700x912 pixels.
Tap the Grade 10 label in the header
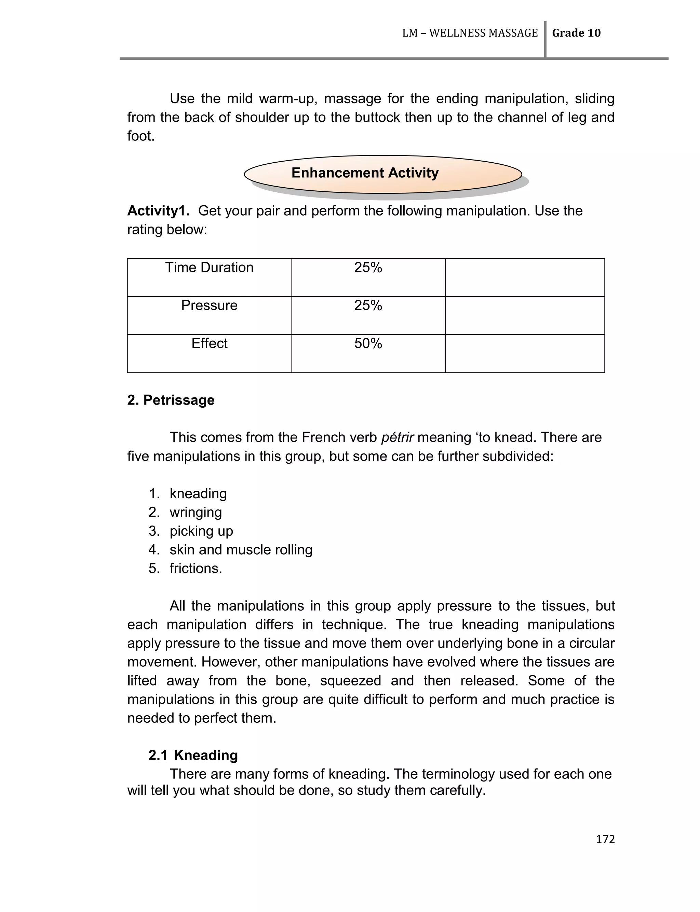click(576, 33)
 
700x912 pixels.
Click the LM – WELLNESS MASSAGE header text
click(470, 33)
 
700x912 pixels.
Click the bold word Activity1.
click(158, 211)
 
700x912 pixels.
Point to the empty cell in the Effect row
click(525, 353)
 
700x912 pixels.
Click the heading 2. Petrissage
click(171, 400)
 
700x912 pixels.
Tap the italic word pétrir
click(397, 438)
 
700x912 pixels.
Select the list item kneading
click(198, 494)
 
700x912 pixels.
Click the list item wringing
click(196, 513)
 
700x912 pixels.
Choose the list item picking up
click(201, 531)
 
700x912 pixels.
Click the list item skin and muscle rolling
click(241, 550)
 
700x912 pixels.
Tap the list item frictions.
click(196, 569)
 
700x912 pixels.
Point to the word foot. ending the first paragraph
click(141, 136)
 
